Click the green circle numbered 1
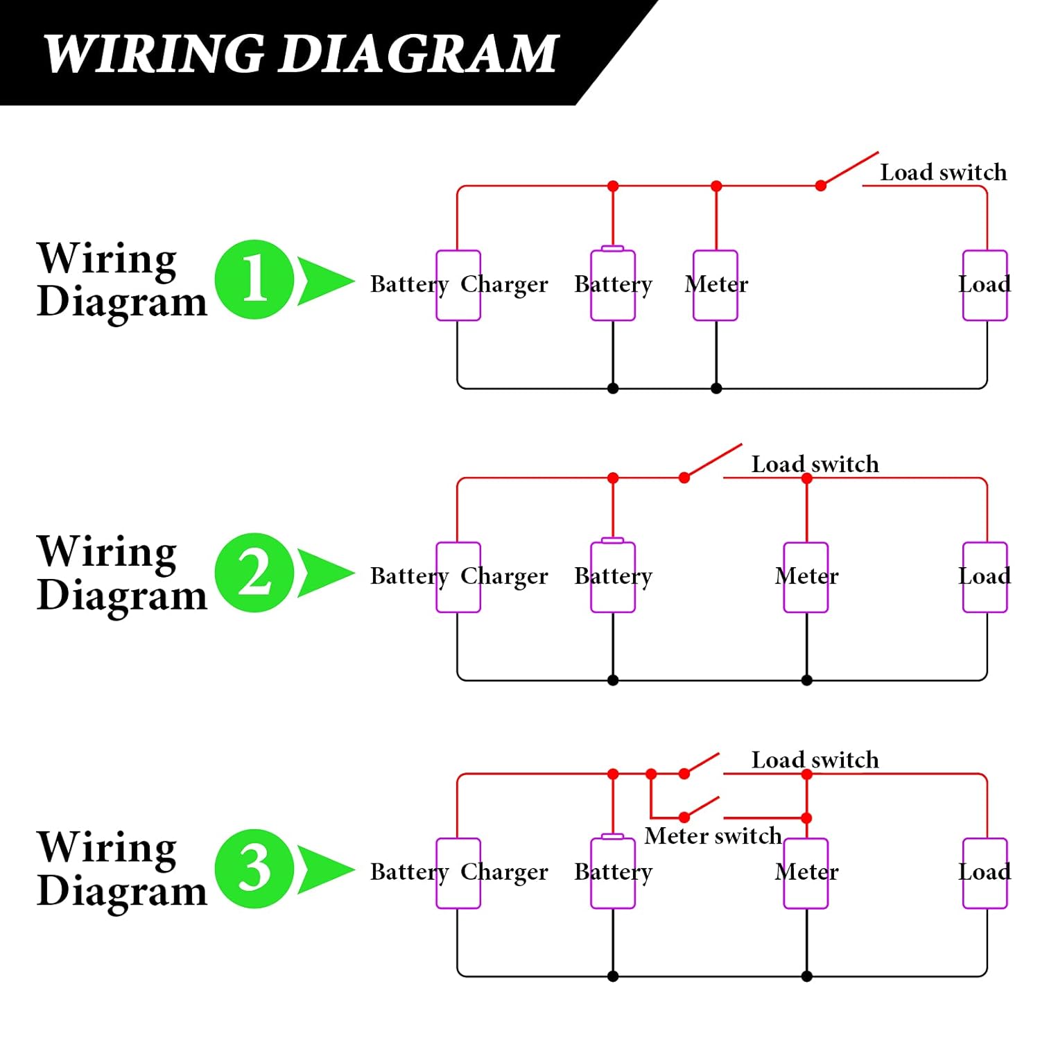(x=254, y=279)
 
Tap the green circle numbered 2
(x=254, y=573)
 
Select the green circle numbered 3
(x=254, y=868)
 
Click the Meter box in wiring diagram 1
(x=716, y=285)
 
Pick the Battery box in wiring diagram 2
(x=613, y=577)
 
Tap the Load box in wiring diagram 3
(x=985, y=873)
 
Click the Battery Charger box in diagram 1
(x=458, y=285)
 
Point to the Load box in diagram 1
(x=985, y=285)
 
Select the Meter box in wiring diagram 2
(x=806, y=577)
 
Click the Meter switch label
(x=713, y=836)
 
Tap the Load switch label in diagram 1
(x=943, y=172)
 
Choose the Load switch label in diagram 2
(x=815, y=464)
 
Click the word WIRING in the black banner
(x=153, y=53)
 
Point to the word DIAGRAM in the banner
(x=419, y=53)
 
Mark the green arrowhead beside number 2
(x=322, y=573)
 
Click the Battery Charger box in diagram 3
(x=458, y=873)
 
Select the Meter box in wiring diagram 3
(x=806, y=873)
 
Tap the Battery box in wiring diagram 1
(x=613, y=285)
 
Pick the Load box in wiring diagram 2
(x=985, y=577)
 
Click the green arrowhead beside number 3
(x=322, y=868)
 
